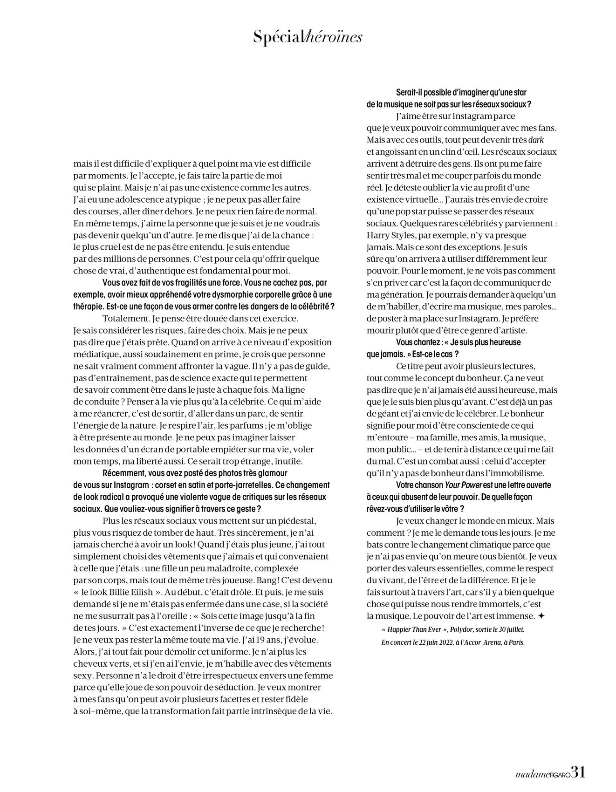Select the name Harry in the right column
click(x=380, y=235)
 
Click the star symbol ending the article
click(x=541, y=616)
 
